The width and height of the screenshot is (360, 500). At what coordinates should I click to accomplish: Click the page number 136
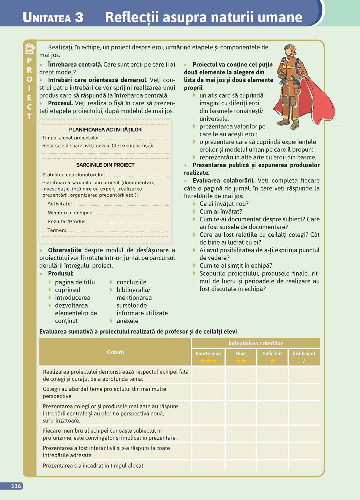16,486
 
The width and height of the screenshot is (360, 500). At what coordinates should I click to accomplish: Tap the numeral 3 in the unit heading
79,18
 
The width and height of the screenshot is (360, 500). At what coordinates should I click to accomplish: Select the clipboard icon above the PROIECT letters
30,49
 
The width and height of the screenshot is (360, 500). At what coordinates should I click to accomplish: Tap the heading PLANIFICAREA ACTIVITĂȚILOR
105,129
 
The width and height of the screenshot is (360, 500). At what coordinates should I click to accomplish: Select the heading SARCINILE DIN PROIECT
105,165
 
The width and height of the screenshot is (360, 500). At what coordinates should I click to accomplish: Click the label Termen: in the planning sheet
57,230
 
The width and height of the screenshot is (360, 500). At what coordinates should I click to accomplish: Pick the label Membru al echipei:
70,213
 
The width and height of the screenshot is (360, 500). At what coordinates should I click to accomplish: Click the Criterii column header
115,352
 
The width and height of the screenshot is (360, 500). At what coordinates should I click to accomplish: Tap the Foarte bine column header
208,354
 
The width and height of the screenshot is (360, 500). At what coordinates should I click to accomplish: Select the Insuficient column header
303,354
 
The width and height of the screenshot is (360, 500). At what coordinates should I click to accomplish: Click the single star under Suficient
273,361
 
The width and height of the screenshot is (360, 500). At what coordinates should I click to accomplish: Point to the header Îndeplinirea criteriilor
256,343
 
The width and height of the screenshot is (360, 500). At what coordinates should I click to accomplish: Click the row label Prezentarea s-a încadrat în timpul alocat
94,465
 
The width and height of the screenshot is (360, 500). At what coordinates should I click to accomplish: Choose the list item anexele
127,321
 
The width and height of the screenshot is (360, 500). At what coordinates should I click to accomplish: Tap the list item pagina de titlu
75,282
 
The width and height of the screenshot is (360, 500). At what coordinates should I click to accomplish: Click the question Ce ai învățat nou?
224,204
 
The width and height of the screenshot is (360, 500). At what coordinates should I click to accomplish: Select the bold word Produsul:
60,273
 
